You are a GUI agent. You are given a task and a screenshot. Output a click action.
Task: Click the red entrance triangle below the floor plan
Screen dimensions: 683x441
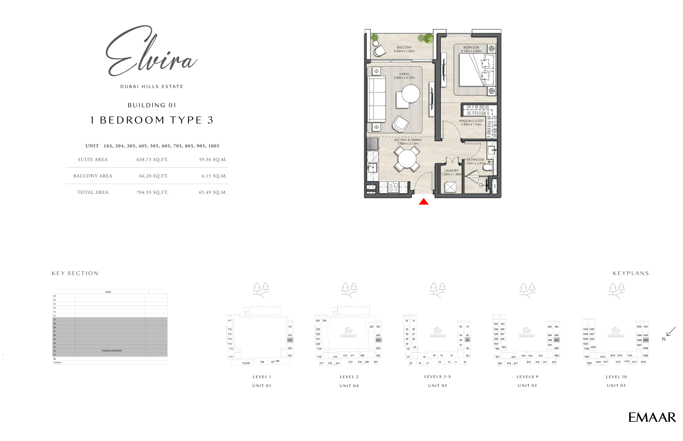[x=423, y=202]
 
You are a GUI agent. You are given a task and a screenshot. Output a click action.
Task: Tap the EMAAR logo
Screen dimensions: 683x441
[x=652, y=418]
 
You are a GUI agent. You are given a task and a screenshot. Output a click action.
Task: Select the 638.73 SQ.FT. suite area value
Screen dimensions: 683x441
[x=152, y=160]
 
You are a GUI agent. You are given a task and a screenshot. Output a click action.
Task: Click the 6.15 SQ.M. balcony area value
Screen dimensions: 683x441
[x=214, y=176]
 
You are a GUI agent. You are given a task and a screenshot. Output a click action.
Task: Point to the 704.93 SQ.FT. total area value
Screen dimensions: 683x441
[x=152, y=192]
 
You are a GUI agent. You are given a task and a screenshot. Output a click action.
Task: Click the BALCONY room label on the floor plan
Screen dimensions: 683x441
[x=404, y=47]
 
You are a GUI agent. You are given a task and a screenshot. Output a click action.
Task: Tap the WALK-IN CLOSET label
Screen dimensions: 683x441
[x=471, y=121]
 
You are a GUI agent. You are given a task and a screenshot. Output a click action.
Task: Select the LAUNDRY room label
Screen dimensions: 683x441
[x=451, y=170]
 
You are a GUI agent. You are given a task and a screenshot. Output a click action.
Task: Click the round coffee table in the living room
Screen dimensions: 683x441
[x=411, y=94]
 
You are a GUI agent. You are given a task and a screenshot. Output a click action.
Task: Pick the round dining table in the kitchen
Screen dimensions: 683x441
[x=407, y=159]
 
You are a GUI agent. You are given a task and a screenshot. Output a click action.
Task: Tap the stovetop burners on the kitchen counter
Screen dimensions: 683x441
[x=393, y=187]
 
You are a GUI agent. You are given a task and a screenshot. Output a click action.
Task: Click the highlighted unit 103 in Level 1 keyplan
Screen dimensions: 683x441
[x=290, y=340]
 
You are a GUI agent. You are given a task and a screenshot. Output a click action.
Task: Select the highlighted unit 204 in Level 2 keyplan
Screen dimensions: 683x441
[x=378, y=340]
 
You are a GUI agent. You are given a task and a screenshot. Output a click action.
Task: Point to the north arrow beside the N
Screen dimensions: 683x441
[x=671, y=331]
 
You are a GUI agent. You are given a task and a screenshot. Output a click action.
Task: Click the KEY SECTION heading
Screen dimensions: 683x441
[x=75, y=273]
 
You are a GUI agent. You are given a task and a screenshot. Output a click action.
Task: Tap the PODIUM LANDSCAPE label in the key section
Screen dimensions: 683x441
[x=112, y=350]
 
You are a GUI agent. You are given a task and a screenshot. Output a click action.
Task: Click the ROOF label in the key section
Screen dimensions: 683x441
[x=108, y=292]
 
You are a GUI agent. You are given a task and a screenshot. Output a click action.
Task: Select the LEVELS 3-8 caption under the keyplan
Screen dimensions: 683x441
[x=437, y=377]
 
